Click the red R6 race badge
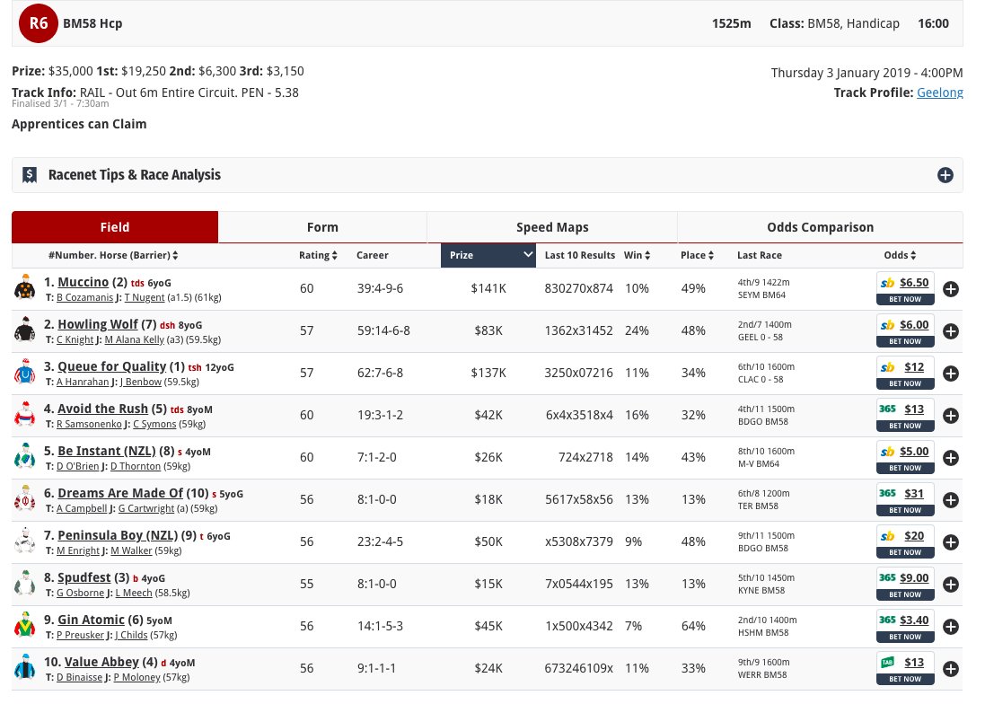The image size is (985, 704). [39, 23]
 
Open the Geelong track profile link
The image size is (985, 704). [939, 92]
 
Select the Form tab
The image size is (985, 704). [321, 227]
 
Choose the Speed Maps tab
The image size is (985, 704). [551, 227]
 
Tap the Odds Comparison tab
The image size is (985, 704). [820, 227]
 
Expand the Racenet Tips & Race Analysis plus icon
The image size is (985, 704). [945, 175]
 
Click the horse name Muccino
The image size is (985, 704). [83, 282]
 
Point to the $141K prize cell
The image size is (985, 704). [489, 288]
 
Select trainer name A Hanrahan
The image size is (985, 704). [84, 381]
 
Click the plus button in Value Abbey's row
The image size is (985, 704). [951, 668]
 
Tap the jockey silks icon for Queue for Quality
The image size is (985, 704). [24, 372]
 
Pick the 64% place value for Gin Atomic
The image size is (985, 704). [692, 626]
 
